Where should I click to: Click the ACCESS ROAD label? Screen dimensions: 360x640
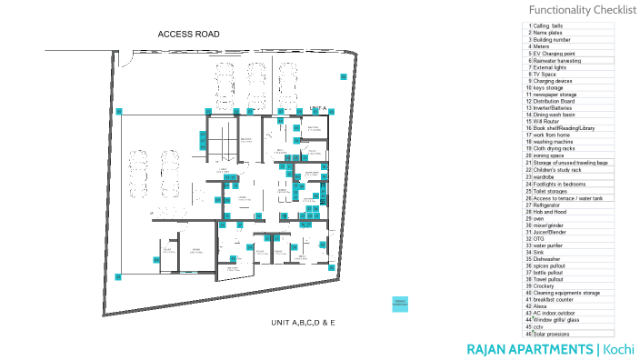pyautogui.click(x=188, y=35)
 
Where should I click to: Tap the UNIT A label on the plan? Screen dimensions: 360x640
pyautogui.click(x=317, y=108)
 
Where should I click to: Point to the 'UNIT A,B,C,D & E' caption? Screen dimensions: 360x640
pyautogui.click(x=304, y=323)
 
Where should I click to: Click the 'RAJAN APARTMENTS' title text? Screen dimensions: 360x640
pyautogui.click(x=529, y=349)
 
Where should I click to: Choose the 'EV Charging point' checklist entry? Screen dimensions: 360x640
pyautogui.click(x=554, y=54)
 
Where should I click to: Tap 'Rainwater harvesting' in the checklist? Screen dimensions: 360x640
pyautogui.click(x=558, y=61)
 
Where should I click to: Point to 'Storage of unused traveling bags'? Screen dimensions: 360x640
pyautogui.click(x=570, y=163)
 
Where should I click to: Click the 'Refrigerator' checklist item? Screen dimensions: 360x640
pyautogui.click(x=548, y=204)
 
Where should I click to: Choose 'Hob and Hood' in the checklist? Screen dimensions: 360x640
pyautogui.click(x=549, y=211)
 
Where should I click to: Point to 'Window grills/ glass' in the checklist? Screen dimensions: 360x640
pyautogui.click(x=556, y=320)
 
